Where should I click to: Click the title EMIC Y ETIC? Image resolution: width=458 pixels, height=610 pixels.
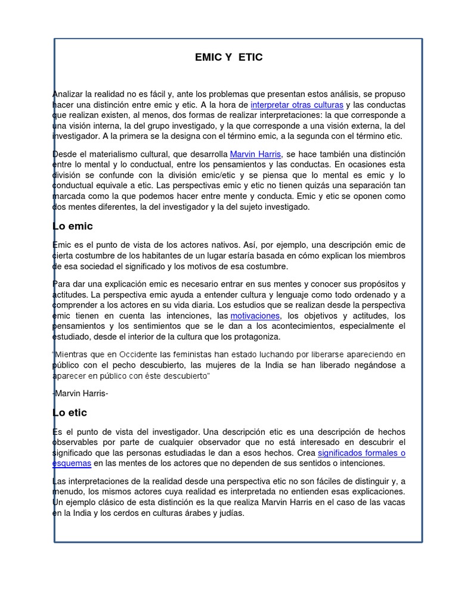coord(228,57)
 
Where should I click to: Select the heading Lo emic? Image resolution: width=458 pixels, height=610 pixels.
coord(73,226)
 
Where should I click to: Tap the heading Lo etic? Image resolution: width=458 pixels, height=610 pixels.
coord(70,412)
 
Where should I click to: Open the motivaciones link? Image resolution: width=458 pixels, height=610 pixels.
coord(255,316)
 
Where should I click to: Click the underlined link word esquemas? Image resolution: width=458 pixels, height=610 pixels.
coord(73,463)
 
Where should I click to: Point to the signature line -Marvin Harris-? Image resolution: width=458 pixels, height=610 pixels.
coord(81,393)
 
